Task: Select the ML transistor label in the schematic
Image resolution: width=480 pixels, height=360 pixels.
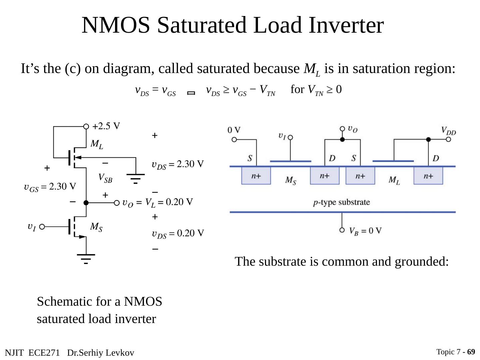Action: click(x=97, y=144)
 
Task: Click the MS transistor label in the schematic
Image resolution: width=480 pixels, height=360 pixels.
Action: click(x=96, y=227)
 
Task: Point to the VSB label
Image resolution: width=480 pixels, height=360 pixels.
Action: click(x=105, y=179)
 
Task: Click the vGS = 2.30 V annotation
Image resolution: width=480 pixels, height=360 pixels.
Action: click(x=50, y=187)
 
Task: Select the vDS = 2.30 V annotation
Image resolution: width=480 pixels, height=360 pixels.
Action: click(x=178, y=164)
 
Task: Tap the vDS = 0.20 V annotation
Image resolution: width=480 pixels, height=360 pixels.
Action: click(x=178, y=233)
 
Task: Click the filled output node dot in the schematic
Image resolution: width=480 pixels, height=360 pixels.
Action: click(x=86, y=203)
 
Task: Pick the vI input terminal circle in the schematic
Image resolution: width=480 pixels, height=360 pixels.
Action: click(x=42, y=227)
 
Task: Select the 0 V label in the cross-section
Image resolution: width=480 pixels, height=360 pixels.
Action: click(x=234, y=130)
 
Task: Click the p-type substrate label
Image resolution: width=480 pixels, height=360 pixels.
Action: click(x=342, y=202)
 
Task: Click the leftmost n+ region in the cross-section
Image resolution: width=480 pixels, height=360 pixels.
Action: click(x=256, y=176)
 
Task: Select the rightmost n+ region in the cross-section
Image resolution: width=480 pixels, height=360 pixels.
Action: click(x=428, y=176)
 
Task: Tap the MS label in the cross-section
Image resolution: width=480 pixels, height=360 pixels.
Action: click(x=291, y=181)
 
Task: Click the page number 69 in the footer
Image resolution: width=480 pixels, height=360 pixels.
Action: click(x=471, y=352)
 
